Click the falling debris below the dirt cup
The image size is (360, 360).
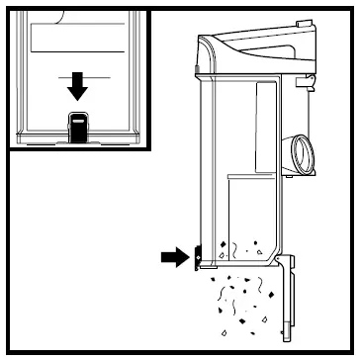click(x=242, y=302)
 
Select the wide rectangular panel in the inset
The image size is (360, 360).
click(x=79, y=39)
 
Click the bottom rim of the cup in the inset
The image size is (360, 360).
click(x=79, y=137)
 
